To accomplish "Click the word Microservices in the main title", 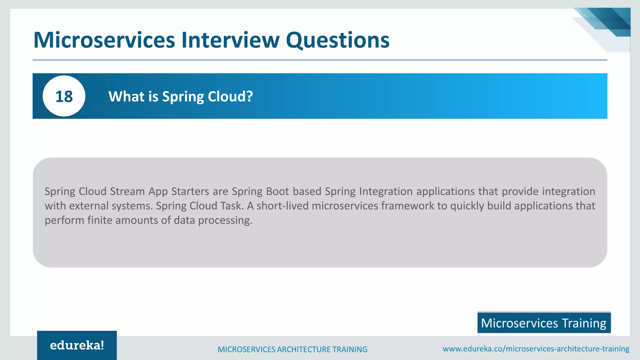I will coord(104,40).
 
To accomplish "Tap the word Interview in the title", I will coord(230,40).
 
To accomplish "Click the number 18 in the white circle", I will coord(64,96).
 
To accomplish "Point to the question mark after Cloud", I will coord(249,96).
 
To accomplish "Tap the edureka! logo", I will coord(77,345).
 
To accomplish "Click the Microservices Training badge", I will coord(544,323).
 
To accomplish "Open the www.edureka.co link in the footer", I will coord(536,349).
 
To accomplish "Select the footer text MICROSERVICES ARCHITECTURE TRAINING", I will coord(292,349).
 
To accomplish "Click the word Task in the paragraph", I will coord(232,206).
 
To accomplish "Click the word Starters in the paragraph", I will coord(190,191).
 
